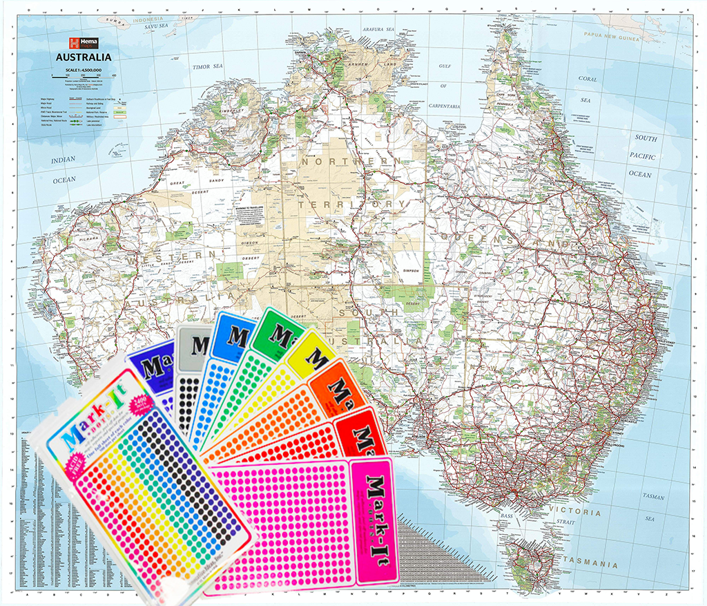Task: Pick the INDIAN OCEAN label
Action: click(64, 170)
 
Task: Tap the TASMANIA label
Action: click(590, 565)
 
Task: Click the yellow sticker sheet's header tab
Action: click(313, 352)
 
